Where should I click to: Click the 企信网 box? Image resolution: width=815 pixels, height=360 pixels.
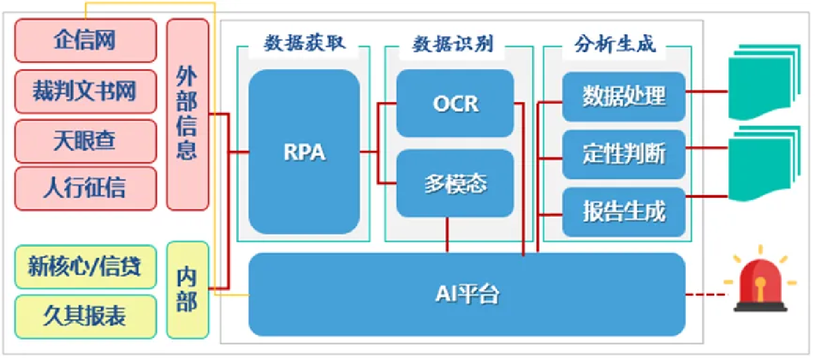[85, 41]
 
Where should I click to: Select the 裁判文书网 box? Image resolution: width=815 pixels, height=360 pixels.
[85, 91]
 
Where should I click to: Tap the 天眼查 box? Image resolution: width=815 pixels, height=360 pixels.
[85, 141]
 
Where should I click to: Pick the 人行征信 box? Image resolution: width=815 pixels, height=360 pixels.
[85, 188]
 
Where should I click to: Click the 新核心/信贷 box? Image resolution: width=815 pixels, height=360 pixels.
[85, 267]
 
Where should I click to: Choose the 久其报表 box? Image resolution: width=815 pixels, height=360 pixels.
[85, 316]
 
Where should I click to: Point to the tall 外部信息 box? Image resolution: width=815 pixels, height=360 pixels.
[187, 114]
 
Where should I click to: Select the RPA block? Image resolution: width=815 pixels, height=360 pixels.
[304, 152]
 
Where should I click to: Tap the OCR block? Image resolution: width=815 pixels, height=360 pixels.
[455, 104]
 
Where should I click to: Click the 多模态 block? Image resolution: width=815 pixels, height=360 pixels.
[455, 184]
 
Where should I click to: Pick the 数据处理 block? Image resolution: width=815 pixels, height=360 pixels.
[624, 96]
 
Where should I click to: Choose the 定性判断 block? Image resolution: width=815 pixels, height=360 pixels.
[624, 154]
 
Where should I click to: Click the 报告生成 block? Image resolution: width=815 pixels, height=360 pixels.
[624, 212]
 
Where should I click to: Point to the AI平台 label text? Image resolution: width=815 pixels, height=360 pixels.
[467, 294]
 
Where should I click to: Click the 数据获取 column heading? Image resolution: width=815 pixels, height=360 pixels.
[303, 45]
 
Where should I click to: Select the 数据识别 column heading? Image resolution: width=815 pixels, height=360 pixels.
[452, 45]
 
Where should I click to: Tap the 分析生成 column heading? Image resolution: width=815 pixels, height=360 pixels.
[614, 45]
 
